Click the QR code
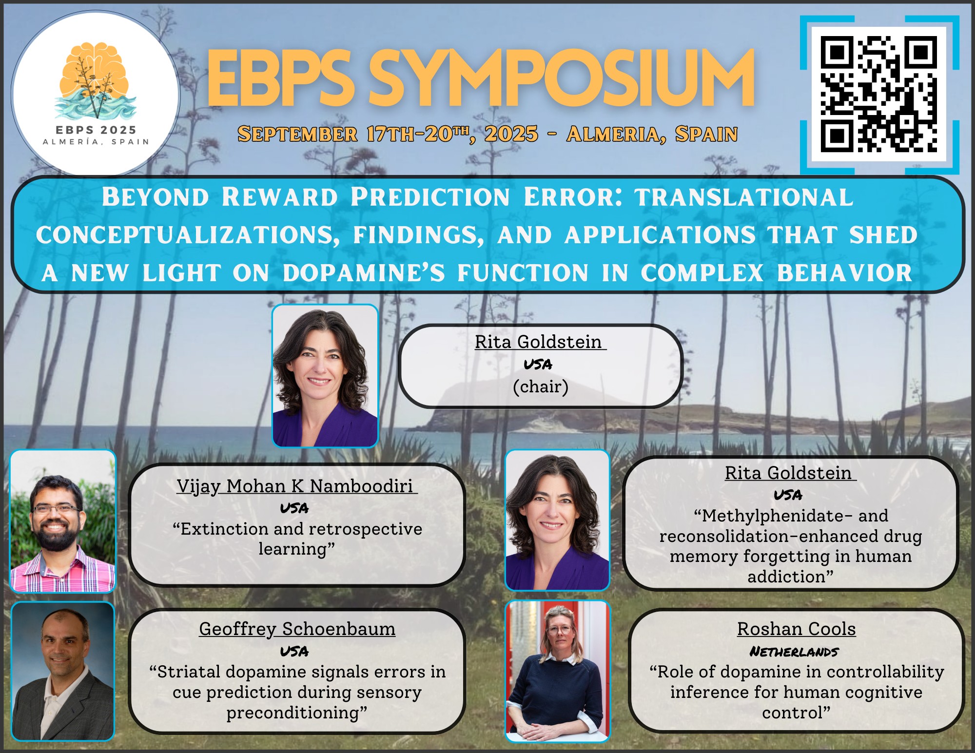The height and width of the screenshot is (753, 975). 879,95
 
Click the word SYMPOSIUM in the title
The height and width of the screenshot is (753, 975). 561,78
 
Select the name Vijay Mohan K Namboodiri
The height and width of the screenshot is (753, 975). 295,486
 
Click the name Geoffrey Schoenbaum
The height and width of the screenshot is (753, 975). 297,629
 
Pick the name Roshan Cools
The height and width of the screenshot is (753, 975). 796,629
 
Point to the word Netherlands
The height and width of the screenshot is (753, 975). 794,652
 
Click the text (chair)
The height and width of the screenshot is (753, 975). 541,386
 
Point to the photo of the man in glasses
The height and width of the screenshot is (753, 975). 63,521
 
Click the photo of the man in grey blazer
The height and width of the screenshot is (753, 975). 63,672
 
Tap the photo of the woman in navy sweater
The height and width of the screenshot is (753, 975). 557,671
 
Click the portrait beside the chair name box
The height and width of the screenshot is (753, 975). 325,376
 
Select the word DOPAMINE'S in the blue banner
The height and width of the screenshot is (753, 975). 364,273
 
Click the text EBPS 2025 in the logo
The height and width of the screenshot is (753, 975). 96,130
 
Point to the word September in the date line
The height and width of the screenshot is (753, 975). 297,134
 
